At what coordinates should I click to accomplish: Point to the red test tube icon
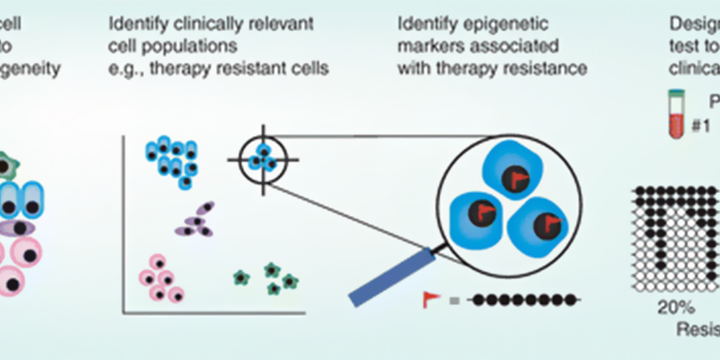point(673,115)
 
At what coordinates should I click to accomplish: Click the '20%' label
point(675,308)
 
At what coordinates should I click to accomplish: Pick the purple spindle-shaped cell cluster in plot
point(195,220)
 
